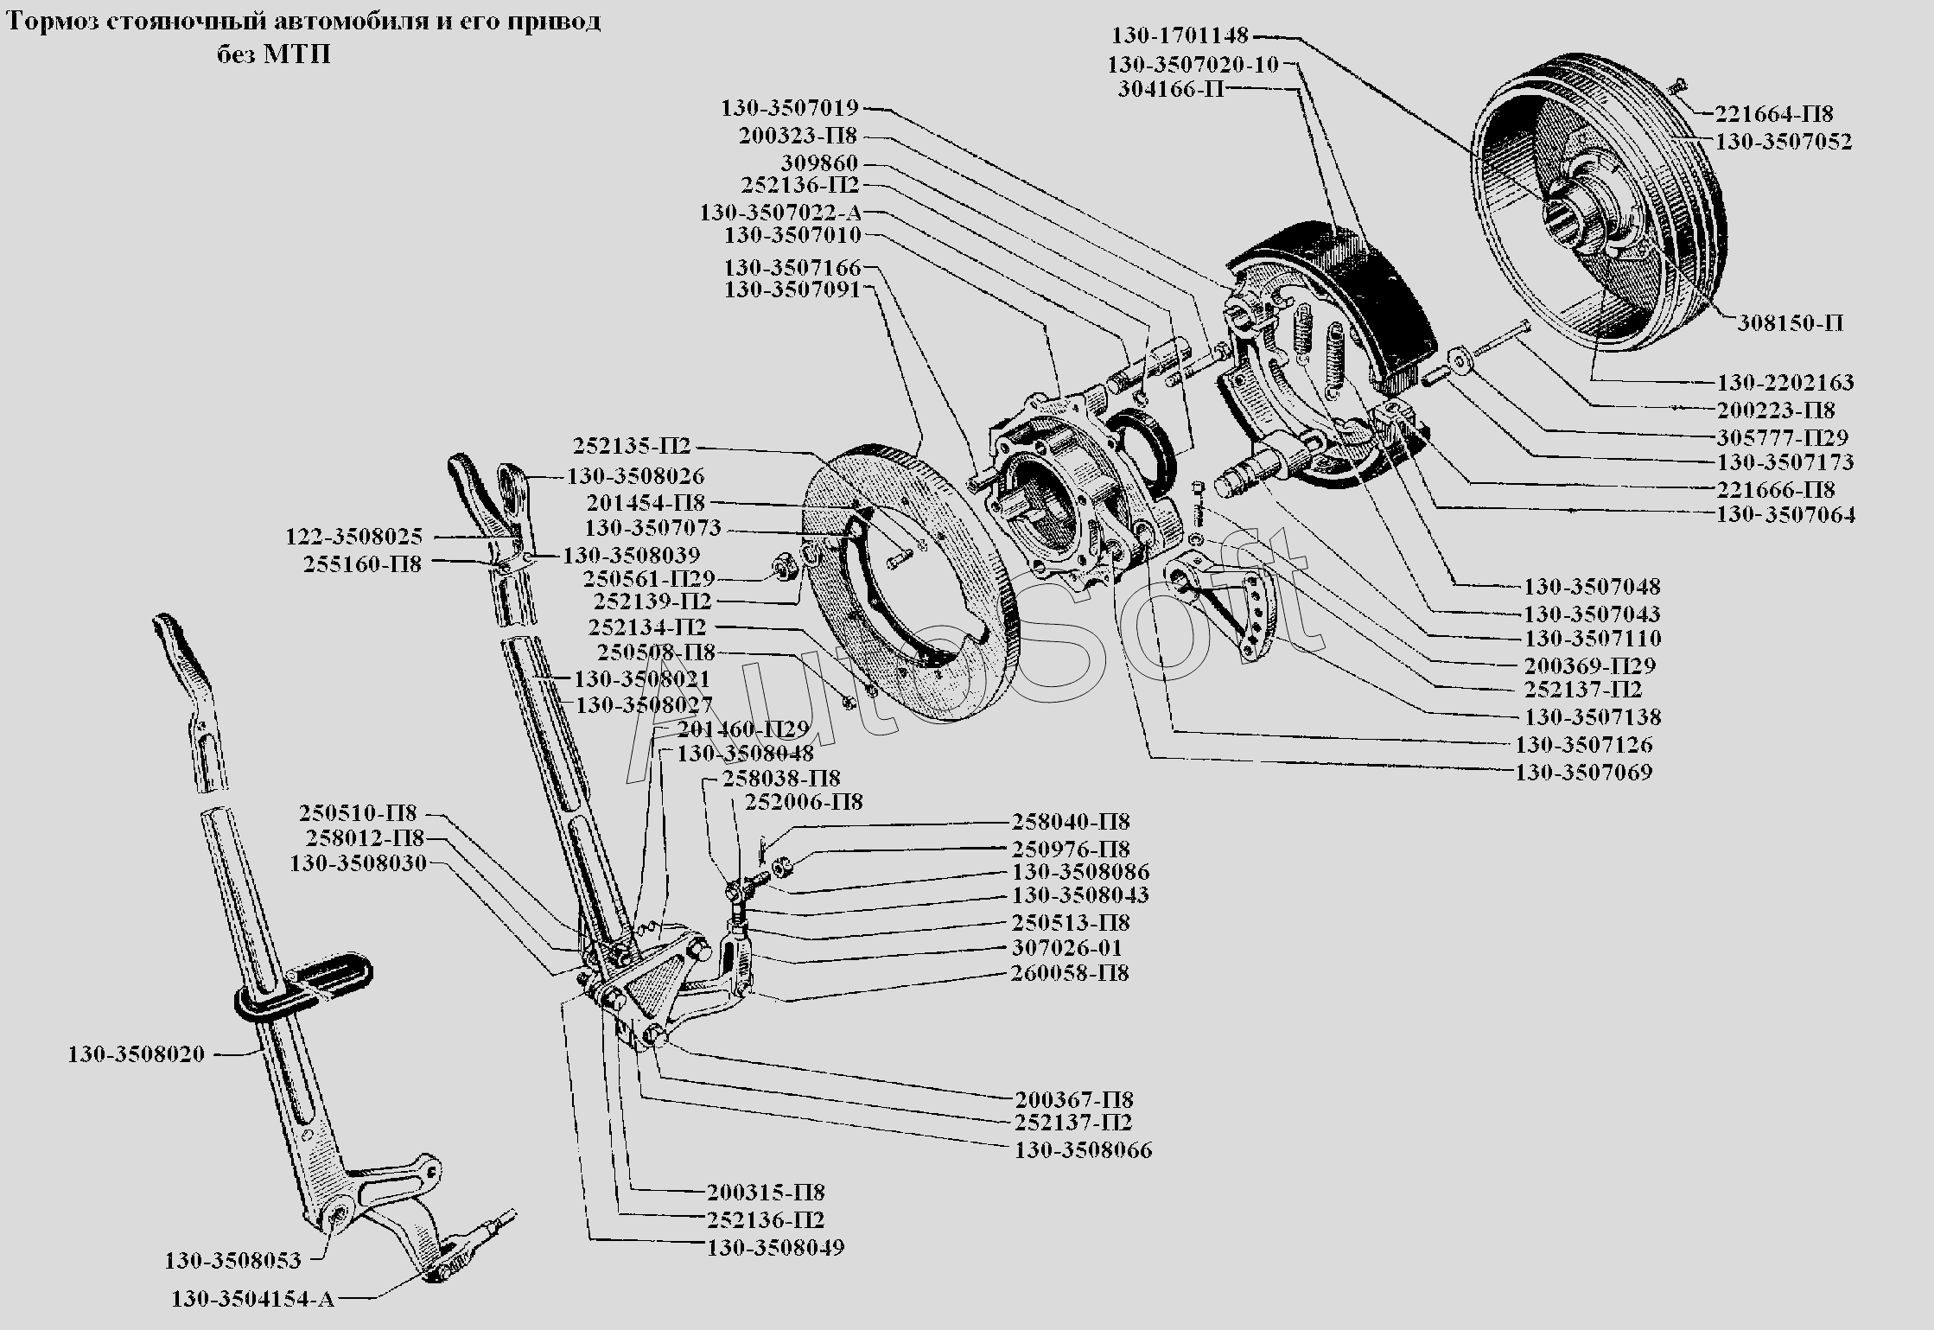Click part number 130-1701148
(x=1180, y=36)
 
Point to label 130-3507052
(x=1783, y=142)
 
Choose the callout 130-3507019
(x=790, y=109)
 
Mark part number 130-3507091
(x=792, y=290)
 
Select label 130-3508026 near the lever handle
(x=635, y=476)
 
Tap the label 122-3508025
(x=354, y=538)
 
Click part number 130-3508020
(x=137, y=1054)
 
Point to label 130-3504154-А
(x=252, y=1299)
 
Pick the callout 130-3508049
(x=775, y=1248)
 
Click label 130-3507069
(x=1583, y=772)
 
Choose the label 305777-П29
(x=1782, y=437)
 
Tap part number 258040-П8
(x=1071, y=822)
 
